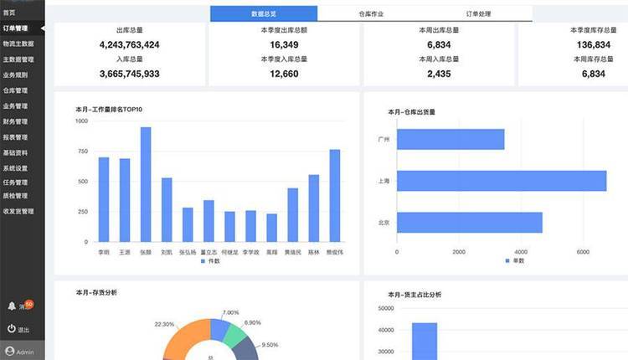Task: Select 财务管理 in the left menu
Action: pyautogui.click(x=15, y=121)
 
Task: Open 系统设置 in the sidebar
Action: pyautogui.click(x=15, y=167)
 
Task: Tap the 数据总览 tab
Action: pyautogui.click(x=264, y=14)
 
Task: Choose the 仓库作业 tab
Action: pyautogui.click(x=370, y=14)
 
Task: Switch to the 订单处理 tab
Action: pyautogui.click(x=478, y=14)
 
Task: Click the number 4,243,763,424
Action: pyautogui.click(x=129, y=44)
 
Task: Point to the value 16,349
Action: pyautogui.click(x=284, y=44)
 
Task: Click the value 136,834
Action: pyautogui.click(x=593, y=44)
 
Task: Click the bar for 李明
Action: pyautogui.click(x=104, y=199)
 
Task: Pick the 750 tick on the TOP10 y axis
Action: pyautogui.click(x=81, y=152)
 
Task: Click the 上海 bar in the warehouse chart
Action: pyautogui.click(x=501, y=181)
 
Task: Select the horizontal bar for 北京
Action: pyautogui.click(x=469, y=222)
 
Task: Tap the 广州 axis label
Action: pyautogui.click(x=383, y=139)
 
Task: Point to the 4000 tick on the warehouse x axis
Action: pyautogui.click(x=520, y=251)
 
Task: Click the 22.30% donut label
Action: pyautogui.click(x=165, y=324)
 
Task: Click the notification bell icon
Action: pyautogui.click(x=12, y=306)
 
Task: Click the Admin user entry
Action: pyautogui.click(x=22, y=352)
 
